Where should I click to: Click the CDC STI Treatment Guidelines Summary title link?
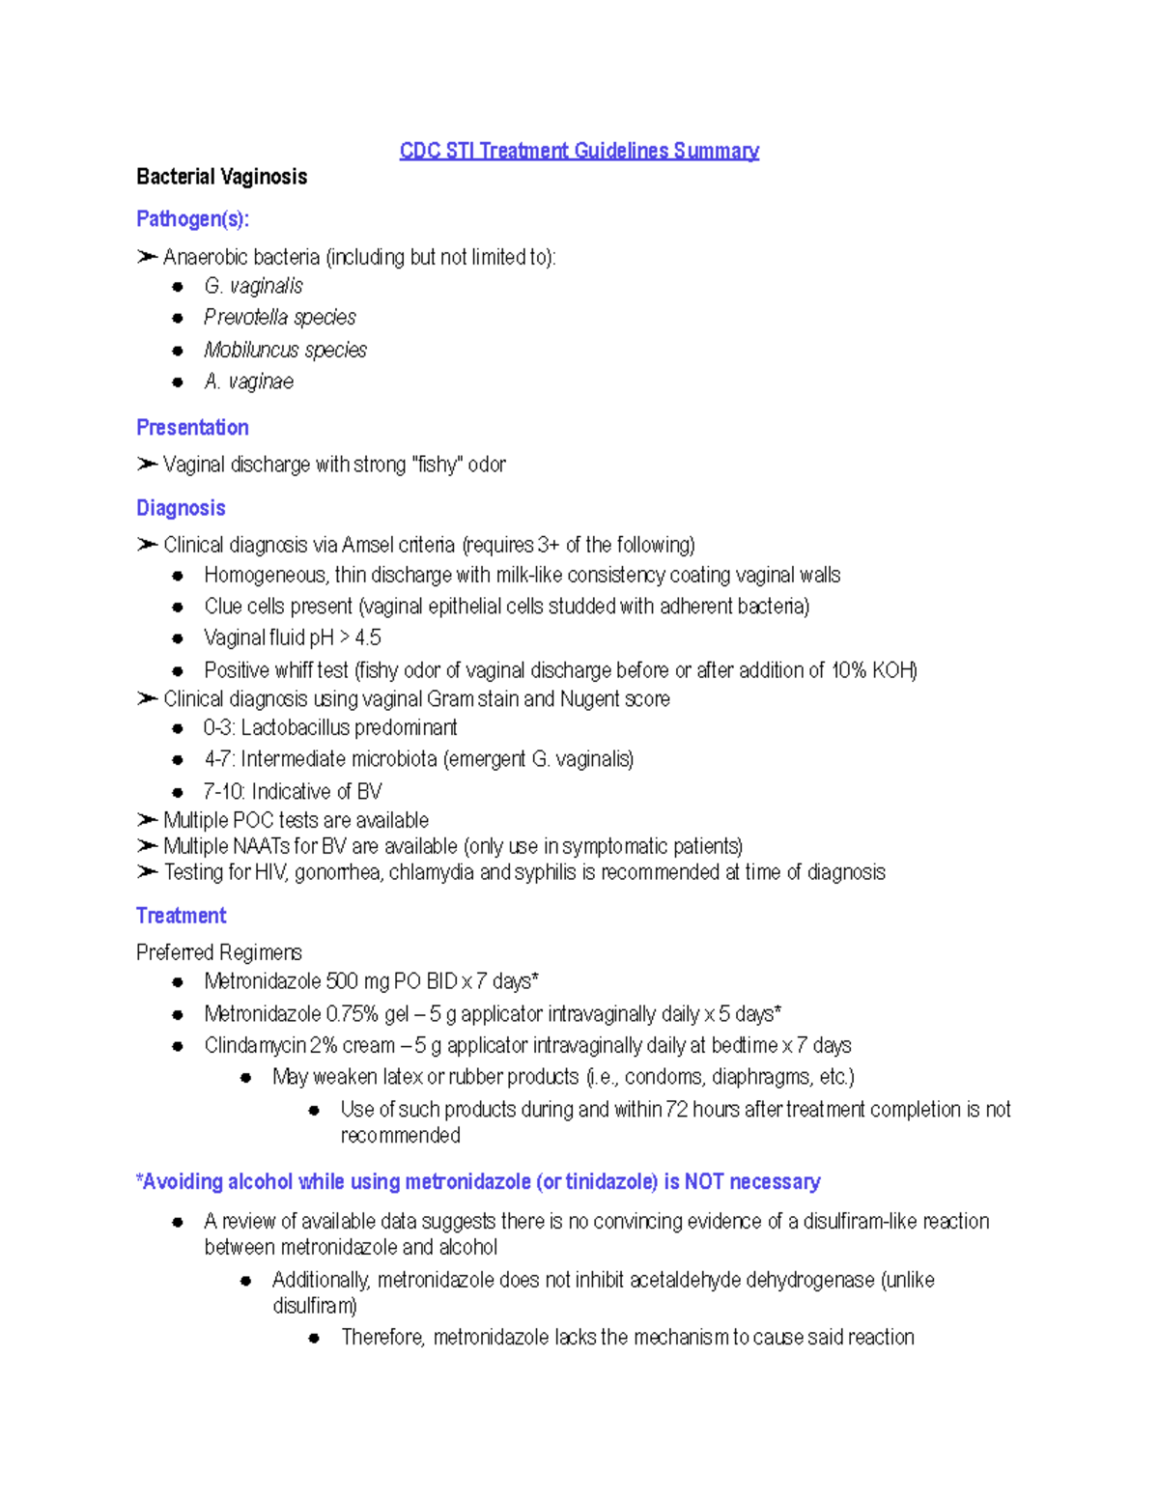point(579,151)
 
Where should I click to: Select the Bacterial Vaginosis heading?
point(221,177)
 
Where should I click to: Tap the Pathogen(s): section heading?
point(192,219)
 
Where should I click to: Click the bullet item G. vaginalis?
point(253,286)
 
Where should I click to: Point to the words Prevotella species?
point(279,318)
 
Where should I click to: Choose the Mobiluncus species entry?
point(285,350)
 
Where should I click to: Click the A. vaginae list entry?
point(248,382)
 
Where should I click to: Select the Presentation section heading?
point(192,427)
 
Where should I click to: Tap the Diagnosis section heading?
point(181,508)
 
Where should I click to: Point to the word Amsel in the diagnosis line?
point(367,545)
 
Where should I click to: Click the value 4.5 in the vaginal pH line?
point(368,637)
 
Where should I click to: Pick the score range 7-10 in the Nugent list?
point(222,792)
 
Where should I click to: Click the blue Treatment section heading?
point(181,916)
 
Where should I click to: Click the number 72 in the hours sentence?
point(676,1109)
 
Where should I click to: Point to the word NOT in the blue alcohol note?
point(704,1181)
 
